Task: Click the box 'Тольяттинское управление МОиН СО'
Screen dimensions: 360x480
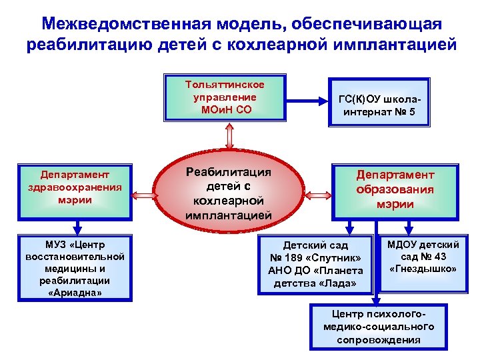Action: [x=225, y=97]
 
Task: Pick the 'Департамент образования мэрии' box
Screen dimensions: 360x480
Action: [x=395, y=189]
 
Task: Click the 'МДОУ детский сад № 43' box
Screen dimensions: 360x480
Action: [x=423, y=257]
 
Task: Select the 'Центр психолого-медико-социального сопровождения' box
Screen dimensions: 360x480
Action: [x=378, y=326]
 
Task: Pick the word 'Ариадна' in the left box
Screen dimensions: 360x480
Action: [x=75, y=292]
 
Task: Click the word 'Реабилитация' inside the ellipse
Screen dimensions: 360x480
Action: [x=229, y=172]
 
